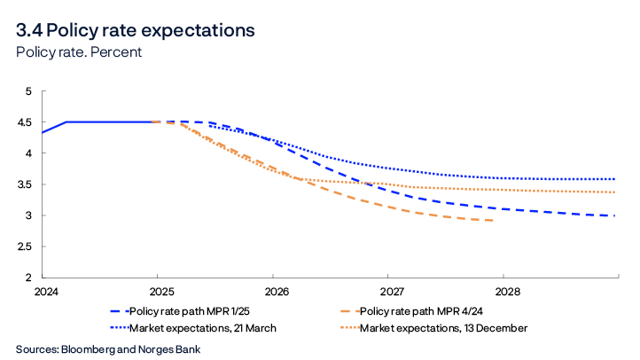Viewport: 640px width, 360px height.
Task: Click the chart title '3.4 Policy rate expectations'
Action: tap(135, 30)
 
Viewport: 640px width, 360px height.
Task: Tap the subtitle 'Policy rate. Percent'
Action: tap(79, 52)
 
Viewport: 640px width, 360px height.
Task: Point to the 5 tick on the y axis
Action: tap(27, 91)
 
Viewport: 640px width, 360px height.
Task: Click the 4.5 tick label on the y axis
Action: tap(24, 122)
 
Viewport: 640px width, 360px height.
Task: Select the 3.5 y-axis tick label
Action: tap(24, 184)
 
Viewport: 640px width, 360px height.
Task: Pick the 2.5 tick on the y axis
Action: tap(24, 247)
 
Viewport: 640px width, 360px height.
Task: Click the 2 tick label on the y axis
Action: tap(27, 278)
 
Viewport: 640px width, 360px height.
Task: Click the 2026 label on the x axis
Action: tap(276, 291)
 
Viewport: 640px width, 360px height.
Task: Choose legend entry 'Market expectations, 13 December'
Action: tap(443, 328)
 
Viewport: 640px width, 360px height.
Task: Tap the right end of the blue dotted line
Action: tap(615, 179)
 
